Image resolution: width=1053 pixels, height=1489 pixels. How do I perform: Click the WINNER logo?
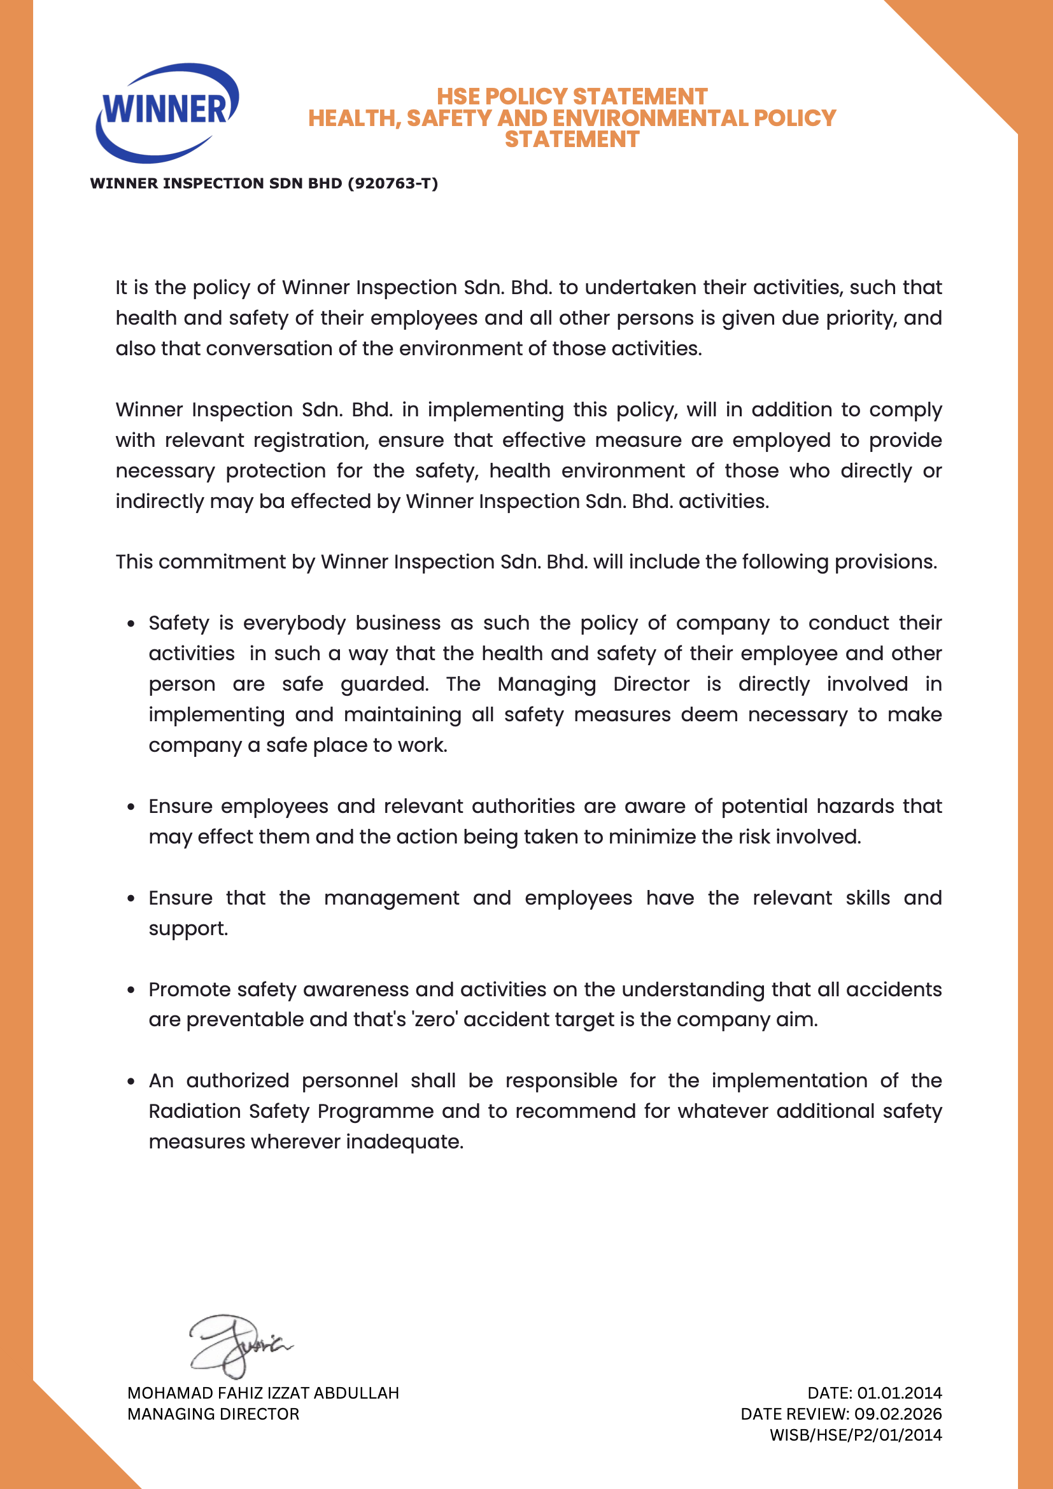pyautogui.click(x=167, y=111)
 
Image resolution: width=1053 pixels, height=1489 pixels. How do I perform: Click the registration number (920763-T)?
pyautogui.click(x=393, y=183)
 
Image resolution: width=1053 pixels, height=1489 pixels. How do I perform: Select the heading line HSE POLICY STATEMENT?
pyautogui.click(x=571, y=97)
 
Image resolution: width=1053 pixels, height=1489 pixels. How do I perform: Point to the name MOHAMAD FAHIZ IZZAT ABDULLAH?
pyautogui.click(x=262, y=1393)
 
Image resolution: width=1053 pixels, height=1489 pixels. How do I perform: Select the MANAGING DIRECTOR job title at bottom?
pyautogui.click(x=213, y=1414)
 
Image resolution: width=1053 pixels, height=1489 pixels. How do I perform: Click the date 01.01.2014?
pyautogui.click(x=899, y=1393)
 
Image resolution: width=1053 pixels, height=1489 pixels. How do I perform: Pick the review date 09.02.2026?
pyautogui.click(x=898, y=1414)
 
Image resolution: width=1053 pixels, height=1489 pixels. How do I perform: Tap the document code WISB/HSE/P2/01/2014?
pyautogui.click(x=855, y=1435)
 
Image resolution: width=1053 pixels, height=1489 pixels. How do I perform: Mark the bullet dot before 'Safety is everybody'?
pyautogui.click(x=132, y=624)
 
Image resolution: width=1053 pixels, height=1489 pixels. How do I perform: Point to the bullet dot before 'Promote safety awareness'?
pyautogui.click(x=132, y=991)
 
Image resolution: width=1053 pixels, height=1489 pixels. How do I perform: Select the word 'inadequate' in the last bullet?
pyautogui.click(x=404, y=1142)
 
